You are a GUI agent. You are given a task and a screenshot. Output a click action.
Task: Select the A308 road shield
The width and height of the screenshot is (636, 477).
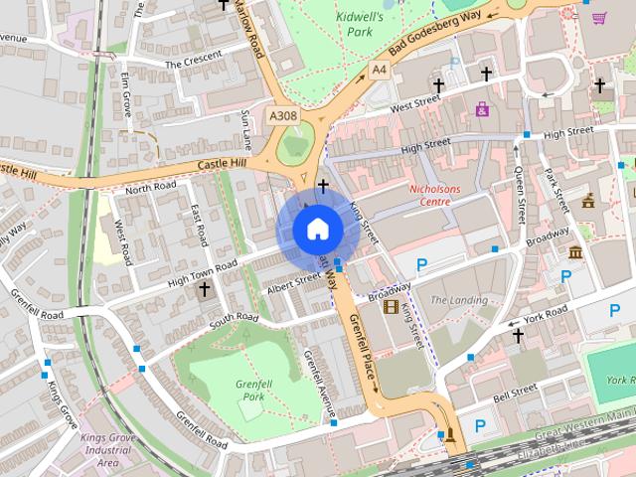[282, 116]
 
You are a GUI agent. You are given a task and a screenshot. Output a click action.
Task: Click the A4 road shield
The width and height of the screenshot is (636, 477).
[379, 71]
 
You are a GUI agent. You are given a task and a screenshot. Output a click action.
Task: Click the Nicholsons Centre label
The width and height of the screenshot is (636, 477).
[436, 194]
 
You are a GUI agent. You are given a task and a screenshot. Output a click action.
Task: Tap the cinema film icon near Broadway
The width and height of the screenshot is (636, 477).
[391, 306]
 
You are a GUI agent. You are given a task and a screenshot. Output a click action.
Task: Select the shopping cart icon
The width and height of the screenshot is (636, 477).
[599, 18]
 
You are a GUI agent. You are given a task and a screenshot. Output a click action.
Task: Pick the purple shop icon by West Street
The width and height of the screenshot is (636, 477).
[483, 109]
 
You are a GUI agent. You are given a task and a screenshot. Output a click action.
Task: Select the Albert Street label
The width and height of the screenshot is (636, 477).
[294, 283]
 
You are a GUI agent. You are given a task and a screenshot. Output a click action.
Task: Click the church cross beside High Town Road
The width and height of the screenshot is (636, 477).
[205, 289]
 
